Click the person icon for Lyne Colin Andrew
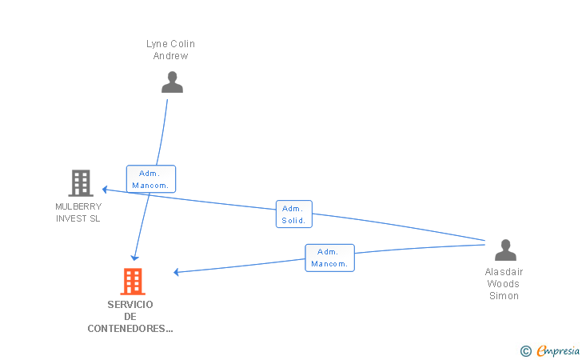[x=172, y=82]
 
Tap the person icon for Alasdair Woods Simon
[x=505, y=250]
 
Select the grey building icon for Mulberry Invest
[x=80, y=183]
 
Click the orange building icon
[x=133, y=281]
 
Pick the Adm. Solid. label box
[x=293, y=214]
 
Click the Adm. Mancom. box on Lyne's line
[x=150, y=179]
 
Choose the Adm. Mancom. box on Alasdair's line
[x=329, y=258]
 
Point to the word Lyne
[x=157, y=44]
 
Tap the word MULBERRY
[x=78, y=206]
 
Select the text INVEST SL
[x=78, y=218]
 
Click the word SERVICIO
[x=130, y=304]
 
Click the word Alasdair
[x=504, y=272]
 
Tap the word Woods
[x=504, y=284]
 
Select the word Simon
[x=504, y=296]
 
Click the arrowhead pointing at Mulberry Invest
[x=104, y=190]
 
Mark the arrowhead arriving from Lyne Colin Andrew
[x=135, y=258]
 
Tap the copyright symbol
[x=525, y=350]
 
